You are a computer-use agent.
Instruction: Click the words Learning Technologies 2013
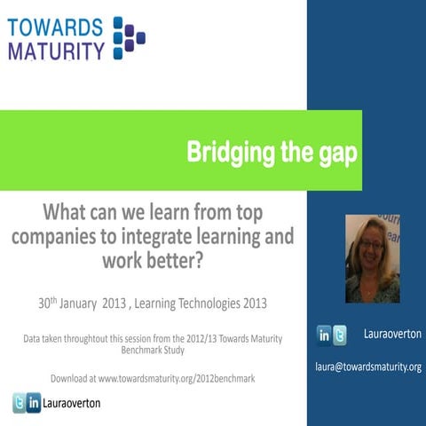point(214,304)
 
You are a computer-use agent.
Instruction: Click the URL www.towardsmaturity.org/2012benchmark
point(177,378)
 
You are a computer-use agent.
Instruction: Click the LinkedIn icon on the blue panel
point(325,335)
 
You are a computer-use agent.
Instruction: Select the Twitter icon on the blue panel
point(341,335)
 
